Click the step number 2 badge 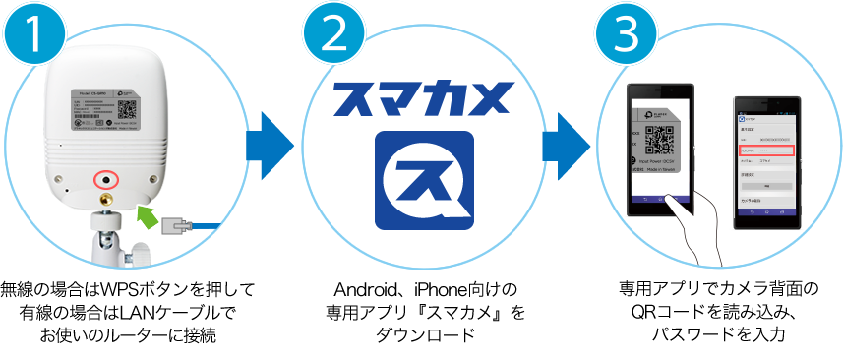point(332,36)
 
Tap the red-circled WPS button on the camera point(104,180)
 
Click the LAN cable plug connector point(178,226)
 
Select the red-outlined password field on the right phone point(765,150)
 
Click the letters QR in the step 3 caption point(640,313)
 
